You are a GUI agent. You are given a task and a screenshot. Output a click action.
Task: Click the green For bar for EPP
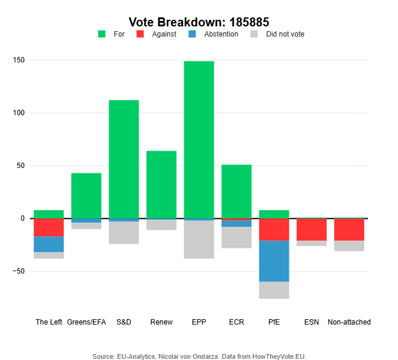[x=199, y=139]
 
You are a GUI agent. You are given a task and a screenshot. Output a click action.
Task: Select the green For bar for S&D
[x=124, y=159]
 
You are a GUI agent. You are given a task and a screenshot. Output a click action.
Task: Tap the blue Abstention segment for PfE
[x=274, y=261]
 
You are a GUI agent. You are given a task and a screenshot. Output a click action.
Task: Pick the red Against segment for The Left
[x=49, y=227]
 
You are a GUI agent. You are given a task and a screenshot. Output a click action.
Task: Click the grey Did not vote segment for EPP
[x=199, y=239]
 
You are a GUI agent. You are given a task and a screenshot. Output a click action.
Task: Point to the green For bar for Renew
[x=161, y=184]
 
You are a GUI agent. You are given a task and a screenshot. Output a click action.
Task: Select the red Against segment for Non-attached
[x=349, y=229]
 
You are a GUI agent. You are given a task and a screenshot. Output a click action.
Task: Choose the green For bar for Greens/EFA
[x=86, y=196]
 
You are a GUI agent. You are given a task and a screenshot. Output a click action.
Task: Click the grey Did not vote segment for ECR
[x=237, y=237]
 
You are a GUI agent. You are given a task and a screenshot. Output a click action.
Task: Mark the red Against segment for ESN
[x=312, y=229]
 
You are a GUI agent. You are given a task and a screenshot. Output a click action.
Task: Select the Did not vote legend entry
[x=285, y=34]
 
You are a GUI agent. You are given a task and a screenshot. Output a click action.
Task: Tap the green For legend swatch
[x=101, y=34]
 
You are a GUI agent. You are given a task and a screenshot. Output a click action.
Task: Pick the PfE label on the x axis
[x=274, y=322]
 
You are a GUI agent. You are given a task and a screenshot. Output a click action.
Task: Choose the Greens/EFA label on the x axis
[x=86, y=322]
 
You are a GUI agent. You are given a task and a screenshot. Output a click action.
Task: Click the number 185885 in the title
[x=247, y=22]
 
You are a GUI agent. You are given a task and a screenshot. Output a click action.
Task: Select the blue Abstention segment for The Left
[x=49, y=244]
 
